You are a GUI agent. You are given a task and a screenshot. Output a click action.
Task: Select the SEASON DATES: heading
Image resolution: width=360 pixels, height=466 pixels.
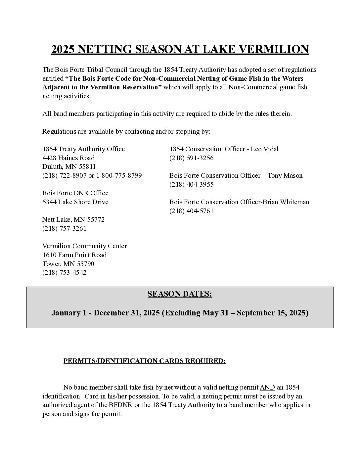(x=180, y=294)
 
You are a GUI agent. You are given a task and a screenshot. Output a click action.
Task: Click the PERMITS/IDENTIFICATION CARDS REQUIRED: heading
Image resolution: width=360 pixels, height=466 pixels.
(x=144, y=361)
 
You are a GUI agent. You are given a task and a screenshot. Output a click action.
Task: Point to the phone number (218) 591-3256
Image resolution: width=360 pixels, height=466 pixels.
(x=191, y=158)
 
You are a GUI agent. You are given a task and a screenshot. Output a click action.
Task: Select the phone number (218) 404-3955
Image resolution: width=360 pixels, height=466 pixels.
(x=191, y=184)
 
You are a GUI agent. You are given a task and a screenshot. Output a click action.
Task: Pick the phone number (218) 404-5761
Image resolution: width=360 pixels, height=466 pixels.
(x=191, y=211)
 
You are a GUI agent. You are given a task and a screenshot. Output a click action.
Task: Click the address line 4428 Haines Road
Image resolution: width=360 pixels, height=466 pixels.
(x=68, y=158)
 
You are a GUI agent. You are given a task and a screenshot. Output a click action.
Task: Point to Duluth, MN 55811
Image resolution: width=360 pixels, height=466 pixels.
(x=69, y=166)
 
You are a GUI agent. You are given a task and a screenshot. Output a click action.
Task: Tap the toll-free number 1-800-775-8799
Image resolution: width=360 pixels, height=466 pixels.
(x=119, y=175)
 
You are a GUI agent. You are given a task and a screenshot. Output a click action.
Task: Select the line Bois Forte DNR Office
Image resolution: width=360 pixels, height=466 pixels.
(x=75, y=193)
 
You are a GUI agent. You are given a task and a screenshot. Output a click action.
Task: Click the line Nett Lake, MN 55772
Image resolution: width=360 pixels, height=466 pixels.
(x=73, y=219)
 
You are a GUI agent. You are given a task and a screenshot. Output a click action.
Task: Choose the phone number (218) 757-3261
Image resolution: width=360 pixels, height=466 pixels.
(x=64, y=228)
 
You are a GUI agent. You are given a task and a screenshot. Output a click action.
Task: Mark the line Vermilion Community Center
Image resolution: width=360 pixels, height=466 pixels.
(x=84, y=246)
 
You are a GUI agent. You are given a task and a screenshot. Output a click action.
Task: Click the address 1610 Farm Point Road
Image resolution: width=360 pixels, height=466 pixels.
(x=74, y=255)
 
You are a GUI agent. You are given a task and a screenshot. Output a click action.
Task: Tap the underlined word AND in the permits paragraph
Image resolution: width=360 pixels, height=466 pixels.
(x=267, y=387)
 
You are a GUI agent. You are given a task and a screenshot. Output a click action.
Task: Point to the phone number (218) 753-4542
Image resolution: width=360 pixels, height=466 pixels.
(x=64, y=272)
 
